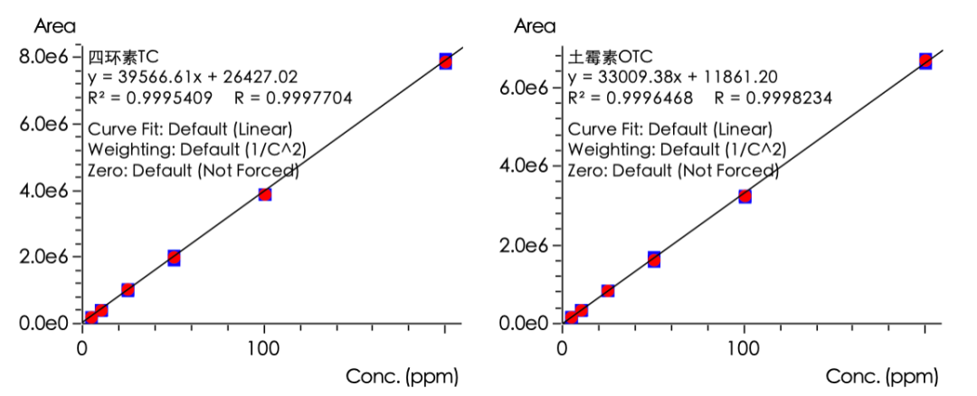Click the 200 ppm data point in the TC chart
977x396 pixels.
coord(445,61)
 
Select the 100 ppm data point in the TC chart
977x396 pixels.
coord(264,193)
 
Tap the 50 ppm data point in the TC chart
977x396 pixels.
coord(174,258)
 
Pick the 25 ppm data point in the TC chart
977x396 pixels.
coord(128,289)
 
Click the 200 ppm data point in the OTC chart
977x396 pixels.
coord(925,61)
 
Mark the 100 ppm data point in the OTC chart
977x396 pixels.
coord(745,195)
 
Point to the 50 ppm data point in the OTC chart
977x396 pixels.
coord(653,259)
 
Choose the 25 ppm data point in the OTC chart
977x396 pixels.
coord(608,290)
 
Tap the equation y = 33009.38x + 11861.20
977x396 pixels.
coord(673,77)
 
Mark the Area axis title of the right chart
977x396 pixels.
coord(535,26)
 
